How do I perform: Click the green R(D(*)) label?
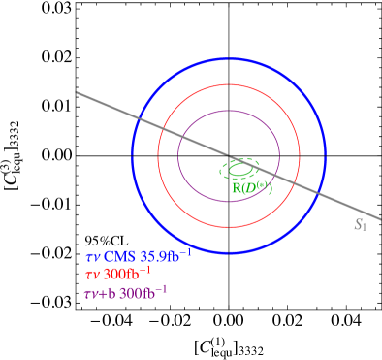coord(252,187)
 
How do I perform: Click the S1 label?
coord(360,225)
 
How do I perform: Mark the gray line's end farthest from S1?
coord(77,93)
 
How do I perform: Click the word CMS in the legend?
coord(121,256)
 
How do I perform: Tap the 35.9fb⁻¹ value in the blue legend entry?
coord(166,255)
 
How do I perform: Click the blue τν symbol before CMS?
coord(92,257)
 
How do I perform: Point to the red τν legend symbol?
coord(92,275)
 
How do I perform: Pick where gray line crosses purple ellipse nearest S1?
coord(273,175)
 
